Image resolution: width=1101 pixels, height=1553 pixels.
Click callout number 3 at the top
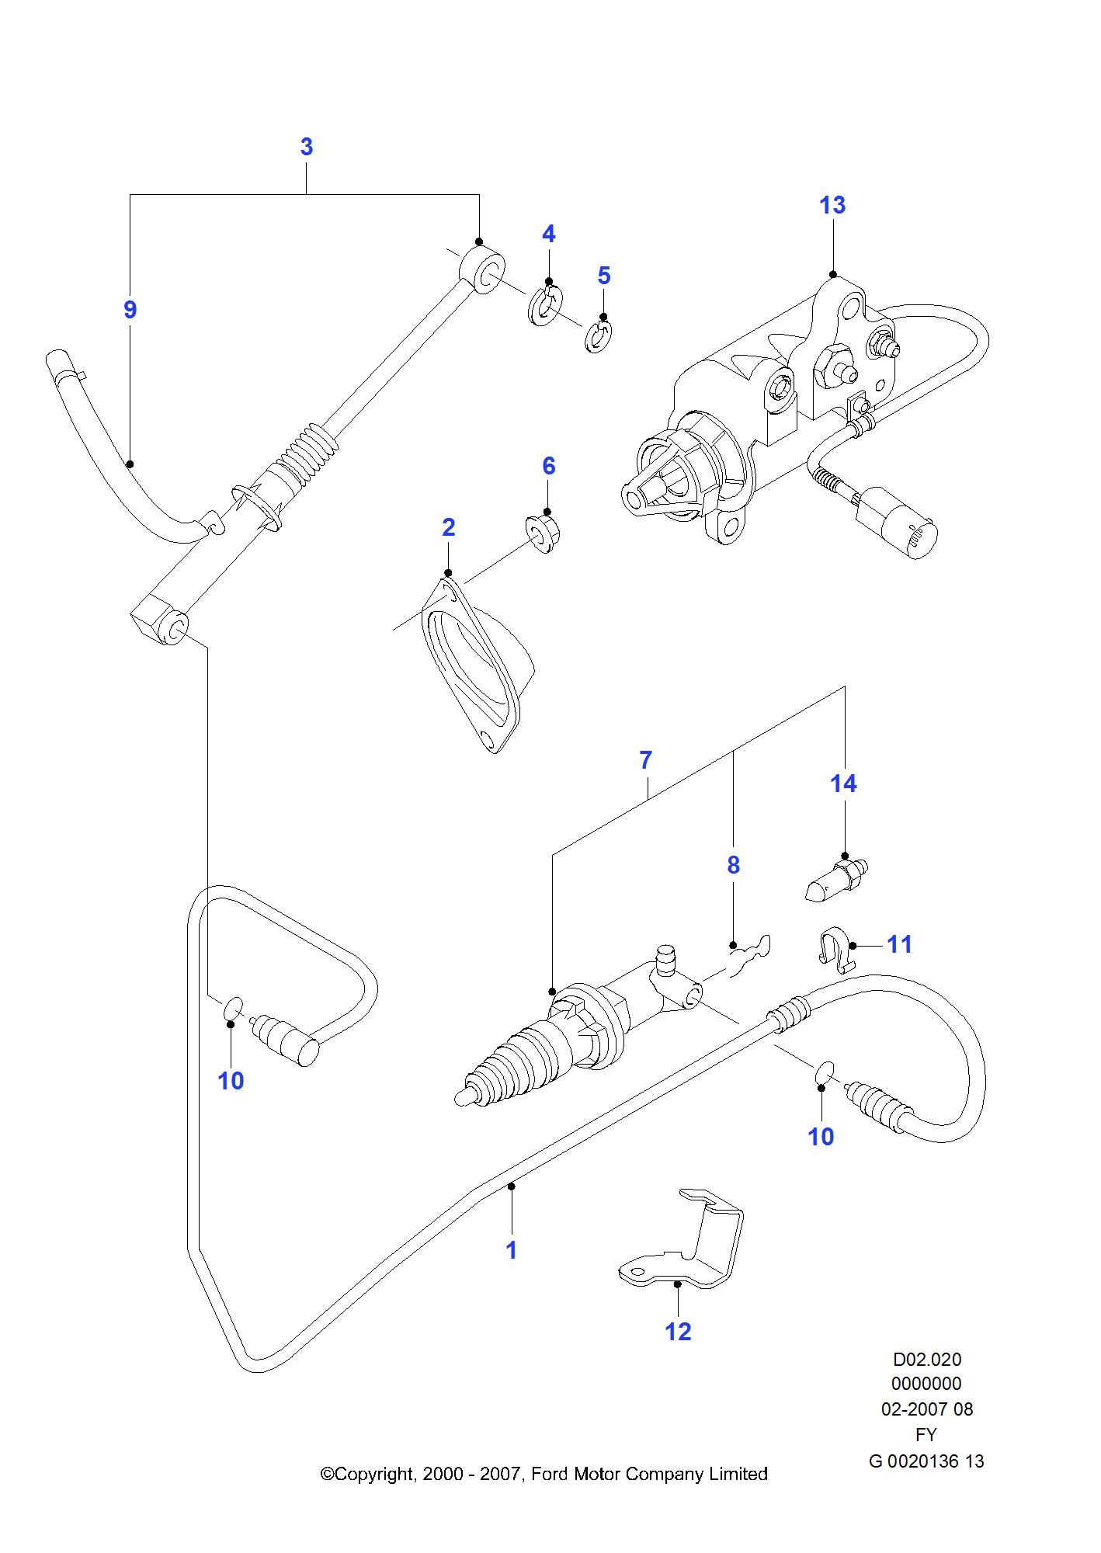[x=306, y=147]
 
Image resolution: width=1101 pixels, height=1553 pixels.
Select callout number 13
[x=832, y=206]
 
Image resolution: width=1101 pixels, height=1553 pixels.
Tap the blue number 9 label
[x=130, y=310]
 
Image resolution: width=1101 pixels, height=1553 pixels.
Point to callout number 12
[x=678, y=1332]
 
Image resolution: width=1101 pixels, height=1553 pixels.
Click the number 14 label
[x=843, y=783]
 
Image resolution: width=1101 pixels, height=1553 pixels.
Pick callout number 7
[x=645, y=760]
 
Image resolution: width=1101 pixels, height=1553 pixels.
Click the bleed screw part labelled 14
[x=835, y=881]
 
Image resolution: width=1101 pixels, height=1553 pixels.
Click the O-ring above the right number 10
[x=825, y=1072]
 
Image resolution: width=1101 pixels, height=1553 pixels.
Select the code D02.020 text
[x=926, y=1360]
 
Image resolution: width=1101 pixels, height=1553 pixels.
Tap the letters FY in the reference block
[x=926, y=1434]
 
